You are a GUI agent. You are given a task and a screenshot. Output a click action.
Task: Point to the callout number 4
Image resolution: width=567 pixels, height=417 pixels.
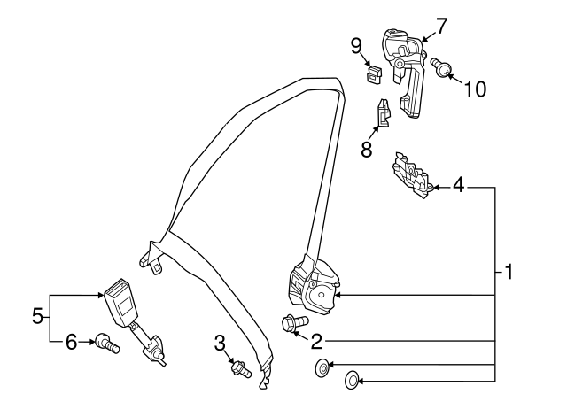pyautogui.click(x=458, y=186)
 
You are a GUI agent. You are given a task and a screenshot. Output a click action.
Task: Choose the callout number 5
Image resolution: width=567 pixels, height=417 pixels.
pyautogui.click(x=37, y=315)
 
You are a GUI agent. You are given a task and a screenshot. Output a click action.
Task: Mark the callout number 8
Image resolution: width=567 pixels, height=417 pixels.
pyautogui.click(x=365, y=148)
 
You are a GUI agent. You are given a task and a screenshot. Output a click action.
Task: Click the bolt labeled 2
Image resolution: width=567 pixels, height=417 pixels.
pyautogui.click(x=292, y=324)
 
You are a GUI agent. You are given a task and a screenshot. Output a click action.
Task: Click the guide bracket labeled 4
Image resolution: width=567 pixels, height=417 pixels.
pyautogui.click(x=409, y=172)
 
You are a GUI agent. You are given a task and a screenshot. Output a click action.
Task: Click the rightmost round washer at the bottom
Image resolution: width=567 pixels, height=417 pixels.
pyautogui.click(x=351, y=381)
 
